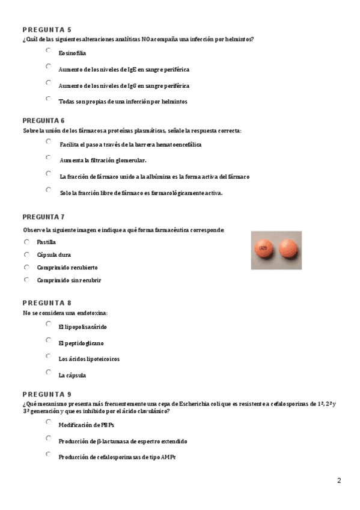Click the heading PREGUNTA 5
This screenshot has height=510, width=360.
click(47, 29)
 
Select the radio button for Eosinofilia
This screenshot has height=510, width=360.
click(48, 51)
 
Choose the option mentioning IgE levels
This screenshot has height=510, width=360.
click(48, 67)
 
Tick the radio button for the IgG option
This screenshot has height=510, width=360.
click(48, 82)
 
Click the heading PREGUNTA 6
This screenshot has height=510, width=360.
click(47, 120)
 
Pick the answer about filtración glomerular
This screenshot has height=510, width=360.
click(48, 158)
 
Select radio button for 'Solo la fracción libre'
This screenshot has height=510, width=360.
click(48, 190)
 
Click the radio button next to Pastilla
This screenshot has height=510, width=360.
click(26, 242)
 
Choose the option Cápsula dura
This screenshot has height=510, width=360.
click(26, 254)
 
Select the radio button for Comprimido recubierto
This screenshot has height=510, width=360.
click(26, 267)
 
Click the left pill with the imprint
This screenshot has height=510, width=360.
click(264, 248)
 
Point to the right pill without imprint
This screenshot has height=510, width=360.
click(288, 248)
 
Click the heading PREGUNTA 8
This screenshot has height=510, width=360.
click(47, 303)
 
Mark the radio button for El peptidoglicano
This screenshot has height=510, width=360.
click(48, 340)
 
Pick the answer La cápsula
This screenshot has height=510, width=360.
click(48, 373)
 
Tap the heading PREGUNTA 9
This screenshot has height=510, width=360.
click(47, 394)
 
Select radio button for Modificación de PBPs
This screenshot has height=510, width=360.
click(48, 422)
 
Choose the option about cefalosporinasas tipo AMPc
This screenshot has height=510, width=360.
click(48, 455)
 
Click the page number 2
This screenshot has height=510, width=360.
click(339, 481)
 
